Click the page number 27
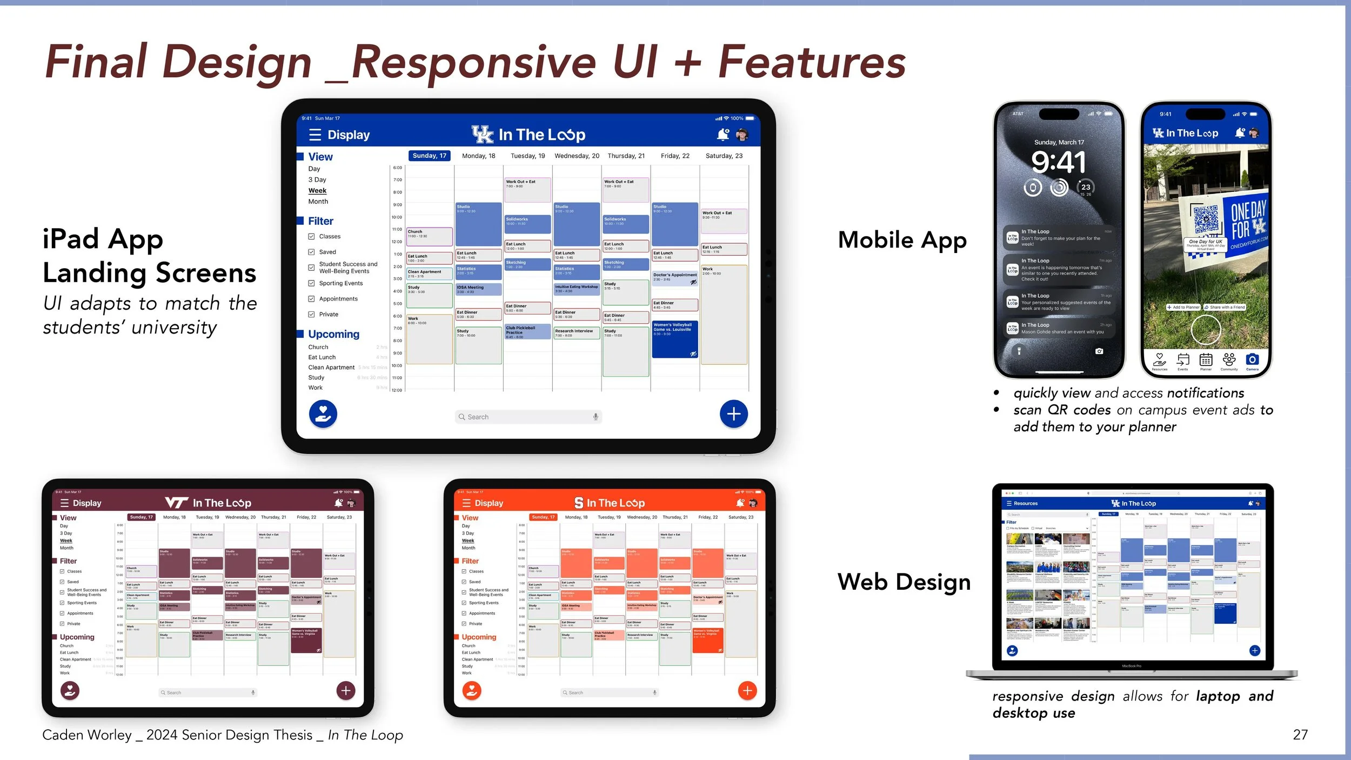coord(1300,735)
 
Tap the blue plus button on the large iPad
coord(733,414)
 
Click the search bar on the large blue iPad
coord(528,417)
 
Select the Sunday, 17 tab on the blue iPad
coord(429,156)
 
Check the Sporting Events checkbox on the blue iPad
coord(311,283)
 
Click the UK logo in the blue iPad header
coord(482,134)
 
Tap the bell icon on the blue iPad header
coord(723,134)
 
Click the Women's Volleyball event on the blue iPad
coord(675,339)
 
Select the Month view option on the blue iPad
coord(318,202)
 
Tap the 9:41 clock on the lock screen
coord(1059,162)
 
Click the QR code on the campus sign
coord(1206,219)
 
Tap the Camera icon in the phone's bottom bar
coord(1252,361)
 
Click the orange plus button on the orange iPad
coord(747,690)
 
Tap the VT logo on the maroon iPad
coord(177,503)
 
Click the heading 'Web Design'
coord(904,582)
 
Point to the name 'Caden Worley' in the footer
coord(86,735)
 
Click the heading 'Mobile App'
coord(902,240)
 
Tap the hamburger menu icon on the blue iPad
coord(315,135)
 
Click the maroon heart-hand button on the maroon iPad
coord(70,690)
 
